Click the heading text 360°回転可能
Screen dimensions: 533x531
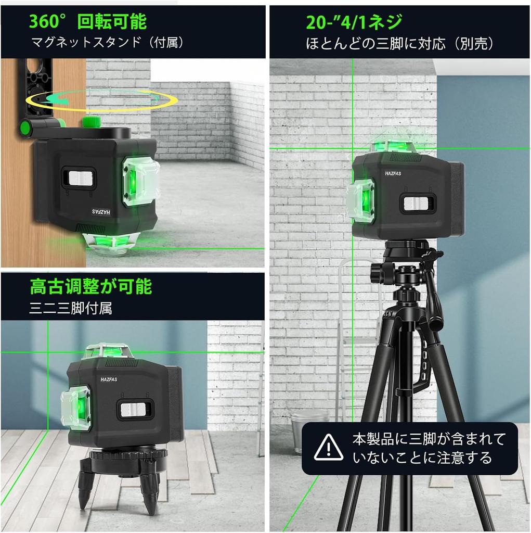(87, 22)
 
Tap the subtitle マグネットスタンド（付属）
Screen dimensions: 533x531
(107, 43)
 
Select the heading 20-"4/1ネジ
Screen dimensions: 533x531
(354, 22)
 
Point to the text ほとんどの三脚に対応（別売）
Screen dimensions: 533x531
(399, 44)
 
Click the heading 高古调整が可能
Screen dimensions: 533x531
(90, 286)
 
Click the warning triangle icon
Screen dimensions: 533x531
(328, 447)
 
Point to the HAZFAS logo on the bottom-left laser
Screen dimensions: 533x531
(109, 380)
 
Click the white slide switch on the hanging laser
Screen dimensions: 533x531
(80, 179)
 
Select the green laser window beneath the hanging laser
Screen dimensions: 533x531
(111, 244)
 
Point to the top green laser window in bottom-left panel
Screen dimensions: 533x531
(110, 351)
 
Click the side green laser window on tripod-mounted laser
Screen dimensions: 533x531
(361, 200)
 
